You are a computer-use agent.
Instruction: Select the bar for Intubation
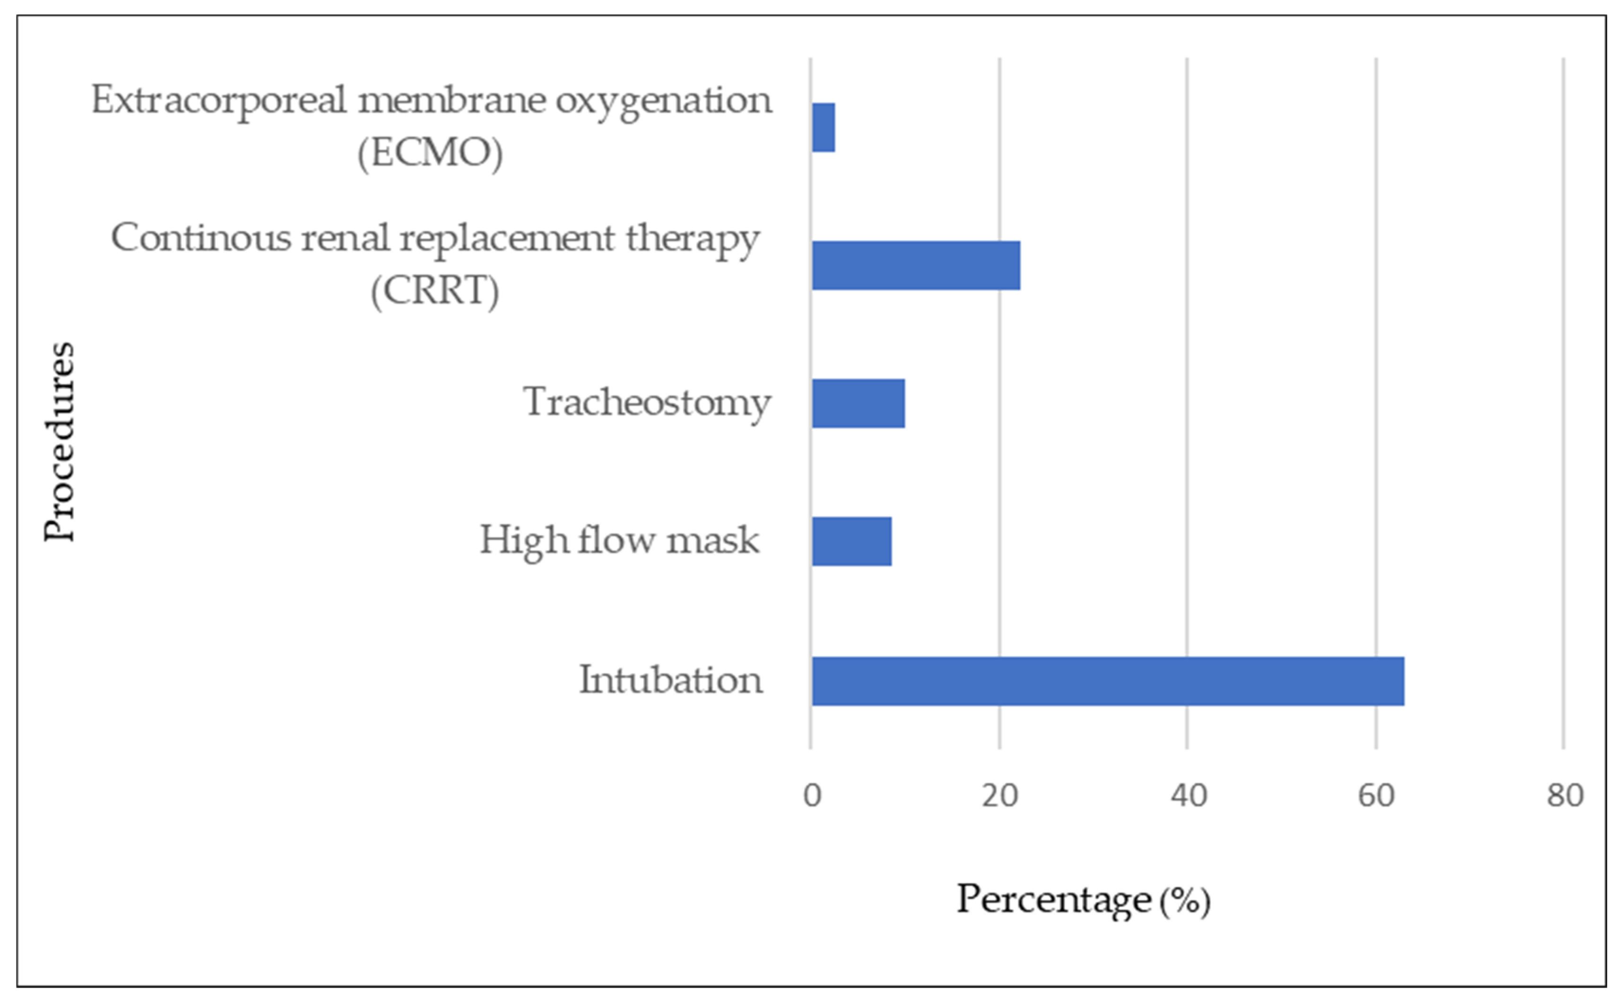click(x=1107, y=681)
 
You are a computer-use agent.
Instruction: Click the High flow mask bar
click(x=851, y=541)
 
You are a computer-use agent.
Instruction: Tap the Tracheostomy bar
click(x=858, y=404)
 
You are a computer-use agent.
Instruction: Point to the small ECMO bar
click(x=824, y=128)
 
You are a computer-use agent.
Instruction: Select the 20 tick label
click(x=999, y=796)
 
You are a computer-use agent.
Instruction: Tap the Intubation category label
click(x=670, y=680)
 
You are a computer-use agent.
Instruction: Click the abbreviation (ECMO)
click(x=430, y=154)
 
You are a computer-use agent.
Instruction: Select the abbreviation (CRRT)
click(x=435, y=291)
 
